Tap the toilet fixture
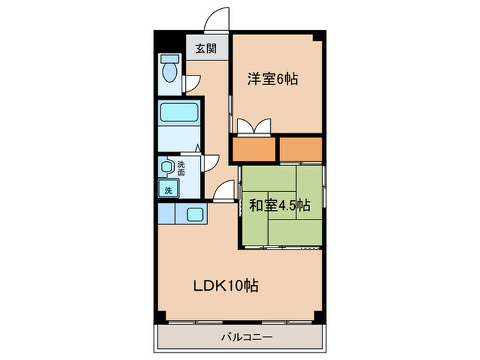tap(169, 70)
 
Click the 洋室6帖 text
tap(272, 79)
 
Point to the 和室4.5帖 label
tap(279, 204)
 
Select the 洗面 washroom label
tap(181, 169)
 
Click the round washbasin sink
tap(166, 167)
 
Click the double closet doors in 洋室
tap(252, 127)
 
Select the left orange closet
tap(253, 149)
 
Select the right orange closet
tap(300, 149)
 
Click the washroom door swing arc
tap(211, 161)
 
